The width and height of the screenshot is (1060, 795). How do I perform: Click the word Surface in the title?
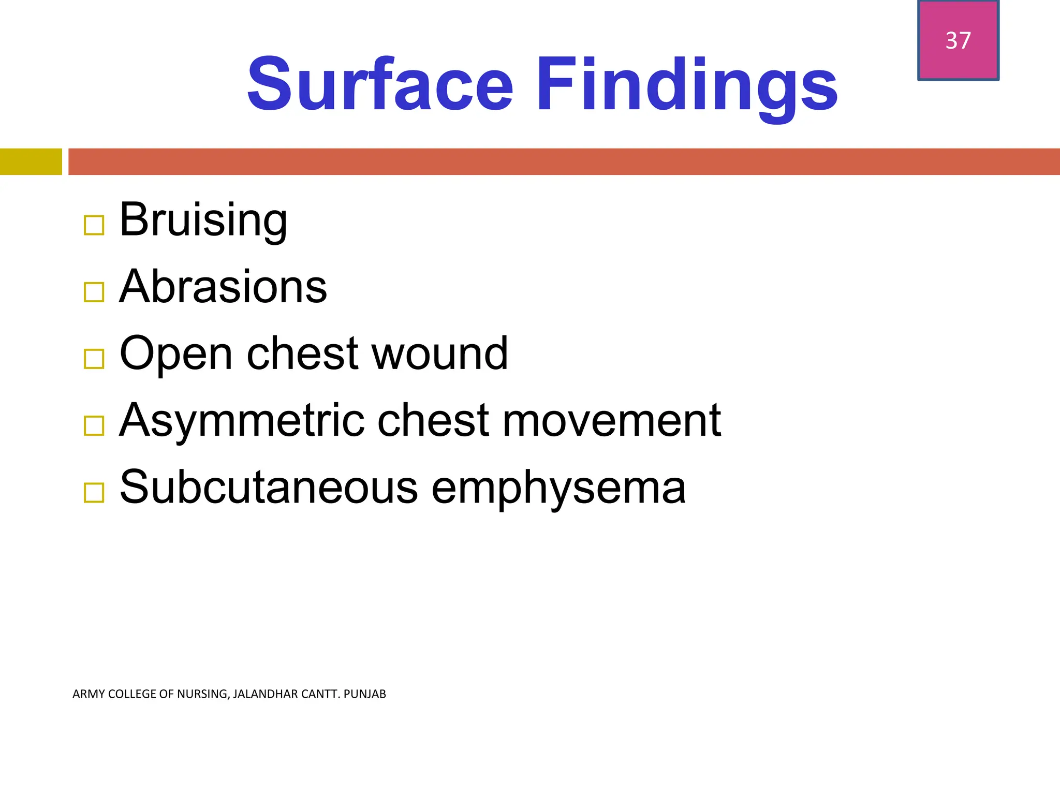(380, 85)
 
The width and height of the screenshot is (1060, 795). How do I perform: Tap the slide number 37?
(958, 40)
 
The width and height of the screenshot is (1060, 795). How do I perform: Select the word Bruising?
(203, 220)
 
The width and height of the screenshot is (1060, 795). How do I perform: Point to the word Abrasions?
(223, 287)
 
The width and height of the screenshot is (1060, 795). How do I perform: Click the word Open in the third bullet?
(176, 354)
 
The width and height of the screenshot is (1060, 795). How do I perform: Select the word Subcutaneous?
(269, 487)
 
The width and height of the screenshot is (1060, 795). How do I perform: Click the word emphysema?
(558, 488)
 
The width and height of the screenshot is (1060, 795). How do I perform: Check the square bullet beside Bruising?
(94, 225)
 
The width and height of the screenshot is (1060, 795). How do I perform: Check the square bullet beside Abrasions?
(94, 292)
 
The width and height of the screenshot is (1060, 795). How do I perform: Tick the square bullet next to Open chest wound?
(94, 359)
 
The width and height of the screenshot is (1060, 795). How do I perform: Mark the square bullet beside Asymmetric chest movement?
(94, 425)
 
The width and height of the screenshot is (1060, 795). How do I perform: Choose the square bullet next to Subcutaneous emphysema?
(94, 492)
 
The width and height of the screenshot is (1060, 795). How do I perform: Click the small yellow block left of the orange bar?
(31, 161)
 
